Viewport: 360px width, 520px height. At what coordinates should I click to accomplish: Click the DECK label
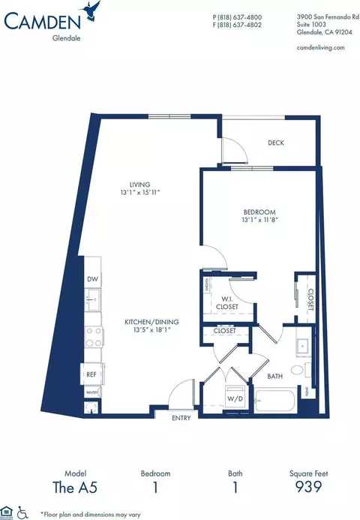pos(277,143)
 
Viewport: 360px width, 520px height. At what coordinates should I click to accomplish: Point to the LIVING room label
pos(139,184)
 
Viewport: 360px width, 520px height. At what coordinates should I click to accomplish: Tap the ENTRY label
pos(181,417)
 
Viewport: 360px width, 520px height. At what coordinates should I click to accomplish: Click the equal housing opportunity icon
pos(6,512)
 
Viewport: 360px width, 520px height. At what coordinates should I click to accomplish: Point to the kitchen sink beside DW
pos(93,301)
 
